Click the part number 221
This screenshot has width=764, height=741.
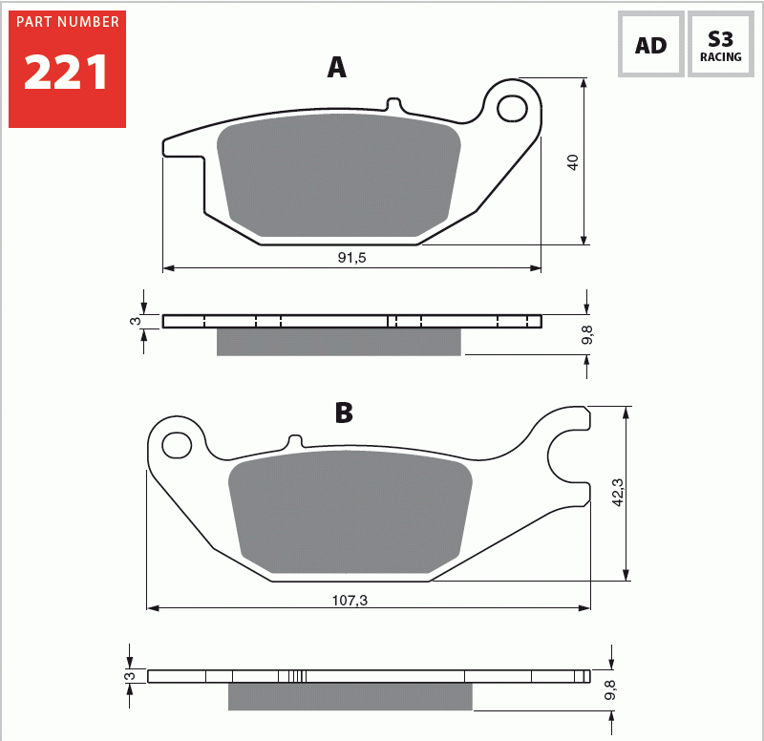[x=66, y=73]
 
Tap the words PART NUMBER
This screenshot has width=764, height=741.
[x=68, y=22]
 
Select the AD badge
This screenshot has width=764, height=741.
[x=651, y=44]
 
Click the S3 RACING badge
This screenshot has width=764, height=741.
[x=721, y=44]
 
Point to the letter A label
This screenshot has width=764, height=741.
[x=337, y=67]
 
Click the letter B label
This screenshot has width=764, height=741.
[x=344, y=413]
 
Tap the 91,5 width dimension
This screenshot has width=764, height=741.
[x=351, y=257]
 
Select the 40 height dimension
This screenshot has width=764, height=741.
[x=572, y=162]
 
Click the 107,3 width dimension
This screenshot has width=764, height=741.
[x=350, y=601]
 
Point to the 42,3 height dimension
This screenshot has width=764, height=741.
[x=617, y=493]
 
